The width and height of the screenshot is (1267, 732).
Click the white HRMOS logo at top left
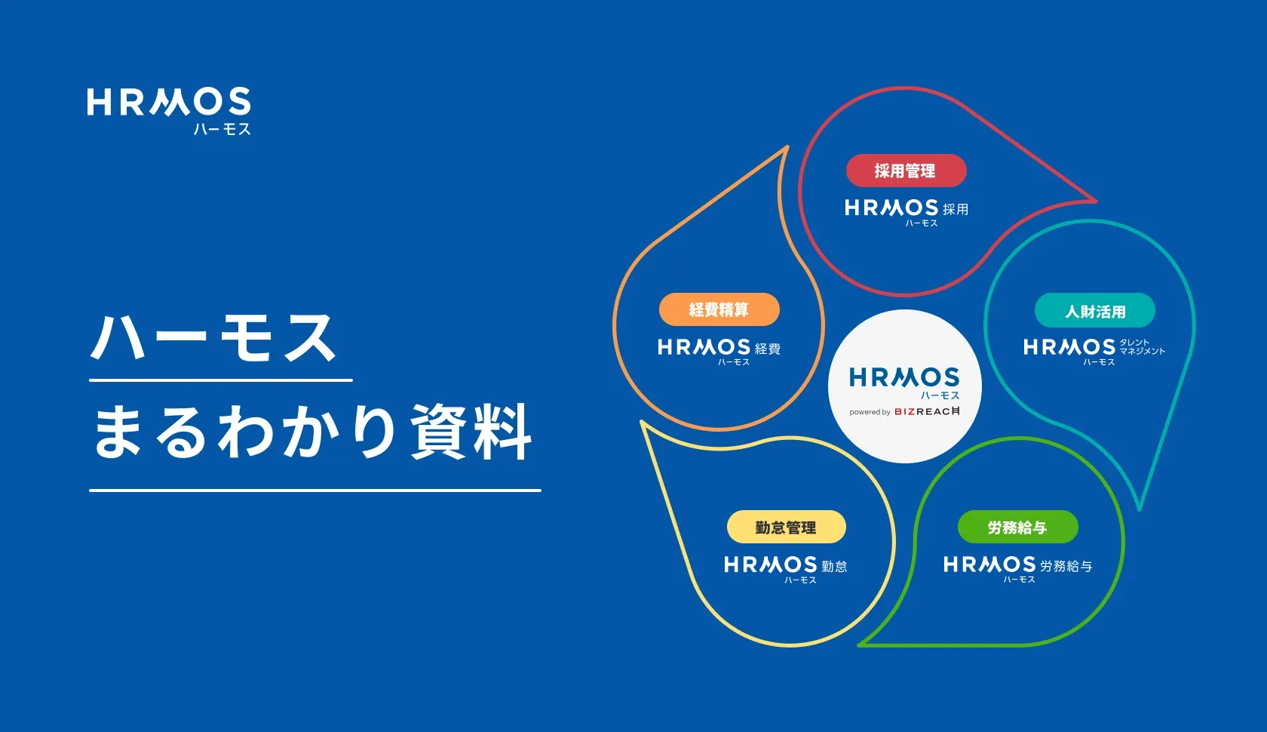(168, 103)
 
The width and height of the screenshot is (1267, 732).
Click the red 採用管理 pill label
(906, 171)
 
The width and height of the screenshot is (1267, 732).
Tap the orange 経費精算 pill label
(719, 309)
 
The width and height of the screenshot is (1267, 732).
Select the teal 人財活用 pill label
(1094, 311)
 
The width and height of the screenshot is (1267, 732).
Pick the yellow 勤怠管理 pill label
(786, 527)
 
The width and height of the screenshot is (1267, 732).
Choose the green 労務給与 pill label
(1017, 527)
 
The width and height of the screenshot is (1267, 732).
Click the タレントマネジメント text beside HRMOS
(1142, 346)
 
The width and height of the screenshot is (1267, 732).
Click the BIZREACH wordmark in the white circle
(927, 411)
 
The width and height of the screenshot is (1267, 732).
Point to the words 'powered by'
(870, 412)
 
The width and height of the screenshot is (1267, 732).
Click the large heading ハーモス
(214, 338)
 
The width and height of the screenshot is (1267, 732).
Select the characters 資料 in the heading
(471, 432)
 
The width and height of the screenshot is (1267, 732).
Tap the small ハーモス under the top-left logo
(222, 129)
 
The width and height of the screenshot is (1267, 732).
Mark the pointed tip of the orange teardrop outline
(787, 148)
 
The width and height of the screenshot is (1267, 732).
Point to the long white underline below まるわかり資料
(314, 491)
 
